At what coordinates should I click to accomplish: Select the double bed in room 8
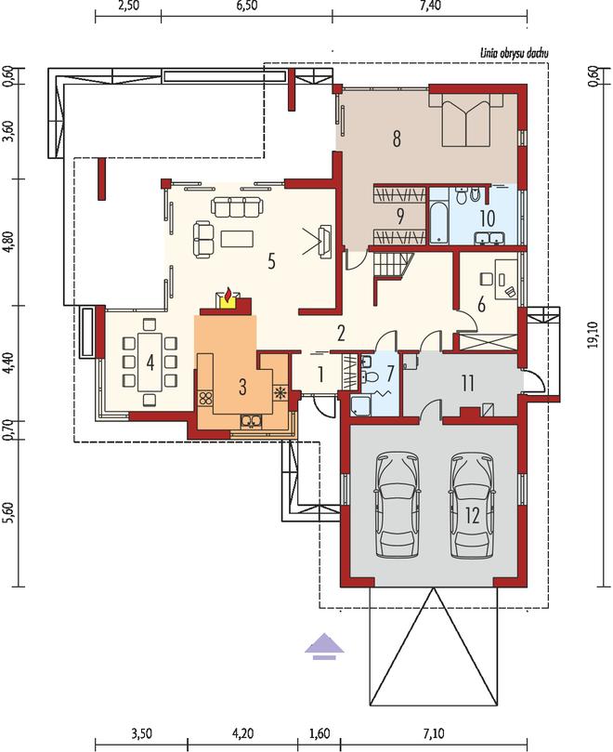(465, 119)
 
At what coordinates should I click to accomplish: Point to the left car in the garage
(397, 505)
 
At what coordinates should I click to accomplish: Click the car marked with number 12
(473, 505)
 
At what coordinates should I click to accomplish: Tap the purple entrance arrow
(324, 646)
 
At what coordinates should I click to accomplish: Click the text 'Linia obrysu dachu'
(515, 53)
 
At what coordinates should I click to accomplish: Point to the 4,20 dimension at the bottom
(242, 733)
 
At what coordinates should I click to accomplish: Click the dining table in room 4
(150, 362)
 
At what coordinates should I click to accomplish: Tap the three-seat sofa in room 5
(238, 206)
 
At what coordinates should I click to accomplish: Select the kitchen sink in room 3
(251, 421)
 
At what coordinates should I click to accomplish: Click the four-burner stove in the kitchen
(206, 398)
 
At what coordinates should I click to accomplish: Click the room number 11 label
(467, 383)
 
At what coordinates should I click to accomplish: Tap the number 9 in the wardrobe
(399, 217)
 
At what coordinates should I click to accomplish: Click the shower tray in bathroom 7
(360, 405)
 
